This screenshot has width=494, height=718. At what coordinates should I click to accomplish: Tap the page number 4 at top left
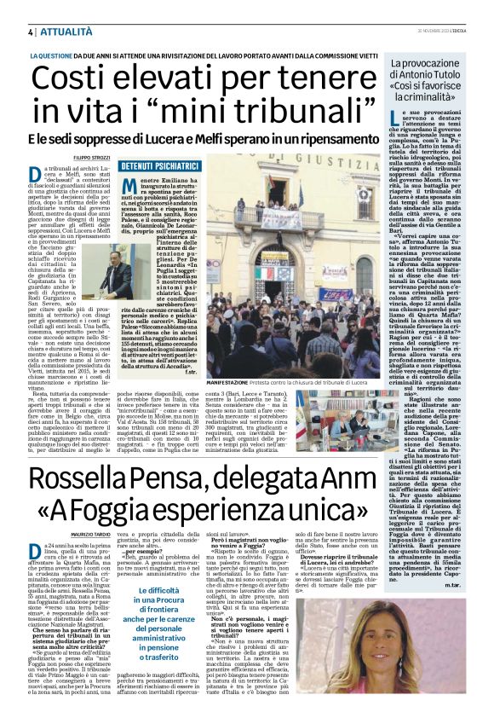click(18, 31)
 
